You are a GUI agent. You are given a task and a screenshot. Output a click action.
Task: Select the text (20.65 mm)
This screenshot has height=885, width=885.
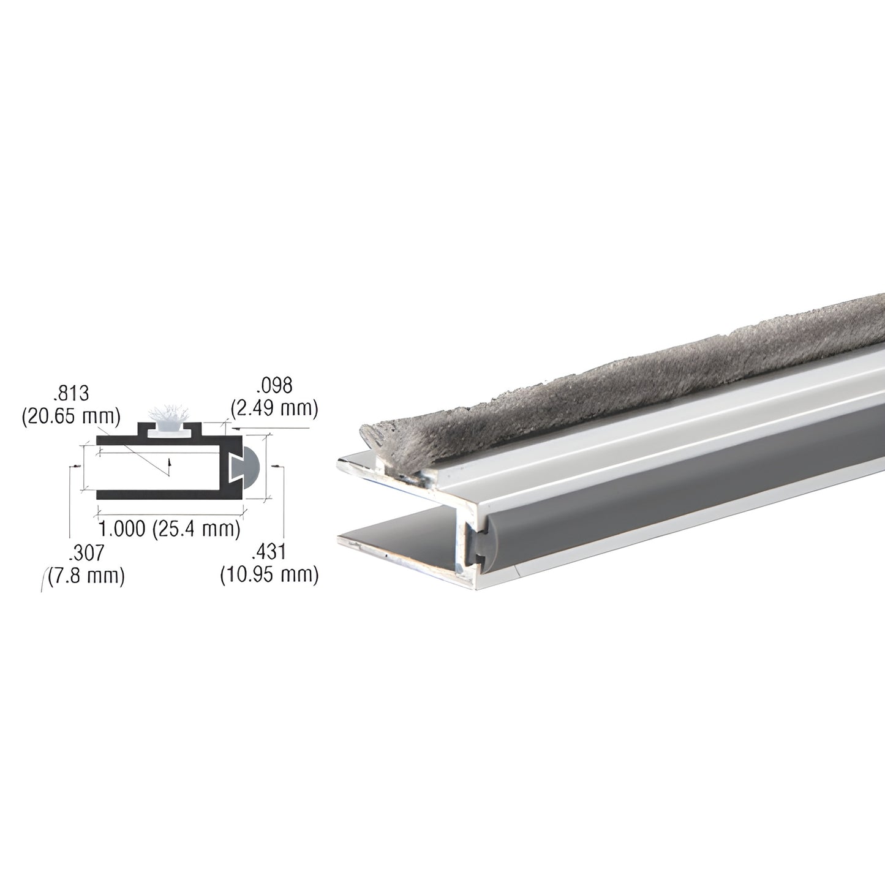(71, 416)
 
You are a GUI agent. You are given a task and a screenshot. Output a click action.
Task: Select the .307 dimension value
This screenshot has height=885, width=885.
(86, 553)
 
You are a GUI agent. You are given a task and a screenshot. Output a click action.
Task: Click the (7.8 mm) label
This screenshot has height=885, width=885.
(86, 576)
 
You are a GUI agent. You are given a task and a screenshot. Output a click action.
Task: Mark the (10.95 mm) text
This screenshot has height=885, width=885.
(269, 576)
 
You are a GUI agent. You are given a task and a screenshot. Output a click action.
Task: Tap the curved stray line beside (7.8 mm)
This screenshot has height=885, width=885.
(43, 580)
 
